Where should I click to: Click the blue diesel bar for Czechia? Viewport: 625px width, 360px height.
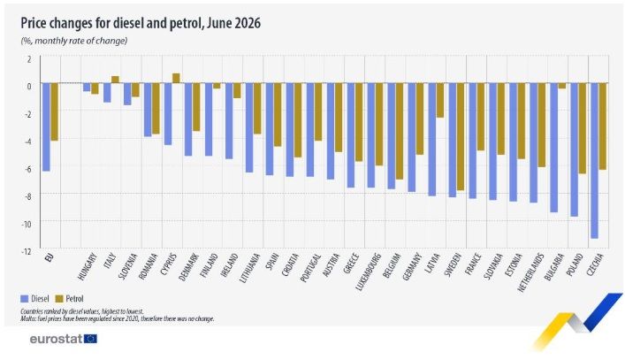tap(594, 161)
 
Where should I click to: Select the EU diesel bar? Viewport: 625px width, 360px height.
tap(46, 126)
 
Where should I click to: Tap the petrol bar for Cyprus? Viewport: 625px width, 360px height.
tap(176, 78)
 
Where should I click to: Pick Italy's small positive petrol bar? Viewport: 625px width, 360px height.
tap(115, 80)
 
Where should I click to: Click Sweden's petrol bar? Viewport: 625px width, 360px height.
tap(461, 137)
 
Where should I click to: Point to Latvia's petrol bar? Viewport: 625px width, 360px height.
tap(440, 100)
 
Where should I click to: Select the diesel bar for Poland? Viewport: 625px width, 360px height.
tap(574, 149)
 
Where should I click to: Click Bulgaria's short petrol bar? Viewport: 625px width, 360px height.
tap(561, 86)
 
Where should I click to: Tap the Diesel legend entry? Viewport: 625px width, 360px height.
tap(35, 299)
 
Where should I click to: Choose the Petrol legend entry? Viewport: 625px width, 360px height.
tap(69, 299)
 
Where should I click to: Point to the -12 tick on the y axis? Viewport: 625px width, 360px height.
tap(27, 251)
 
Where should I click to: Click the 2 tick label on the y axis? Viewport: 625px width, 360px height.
tap(28, 59)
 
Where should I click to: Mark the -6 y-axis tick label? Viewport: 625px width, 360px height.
tap(27, 169)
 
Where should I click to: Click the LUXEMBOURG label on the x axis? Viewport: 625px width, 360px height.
tap(368, 272)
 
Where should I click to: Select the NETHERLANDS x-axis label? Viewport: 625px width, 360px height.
tap(531, 272)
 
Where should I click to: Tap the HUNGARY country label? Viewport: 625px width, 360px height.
tap(88, 267)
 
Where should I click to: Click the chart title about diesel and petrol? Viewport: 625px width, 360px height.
tap(141, 23)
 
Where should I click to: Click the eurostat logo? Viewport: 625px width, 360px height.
tap(64, 339)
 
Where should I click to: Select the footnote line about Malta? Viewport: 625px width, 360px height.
tap(118, 319)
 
